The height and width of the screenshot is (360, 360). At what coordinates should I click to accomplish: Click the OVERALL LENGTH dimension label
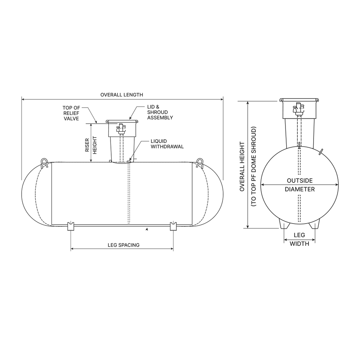click(122, 95)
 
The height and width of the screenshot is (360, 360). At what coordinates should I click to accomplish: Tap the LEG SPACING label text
click(123, 245)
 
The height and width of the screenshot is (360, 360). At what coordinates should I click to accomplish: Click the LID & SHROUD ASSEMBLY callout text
click(160, 113)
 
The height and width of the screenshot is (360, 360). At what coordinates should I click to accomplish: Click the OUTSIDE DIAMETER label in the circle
click(300, 185)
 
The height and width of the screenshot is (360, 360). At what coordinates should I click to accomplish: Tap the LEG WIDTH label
click(299, 239)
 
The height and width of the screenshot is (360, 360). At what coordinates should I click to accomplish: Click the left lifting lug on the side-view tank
click(44, 163)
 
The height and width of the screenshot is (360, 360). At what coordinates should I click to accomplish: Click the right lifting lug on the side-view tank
click(199, 163)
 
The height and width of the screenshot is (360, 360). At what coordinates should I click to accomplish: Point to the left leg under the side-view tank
click(71, 226)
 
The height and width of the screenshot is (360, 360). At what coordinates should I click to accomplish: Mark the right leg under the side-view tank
click(174, 226)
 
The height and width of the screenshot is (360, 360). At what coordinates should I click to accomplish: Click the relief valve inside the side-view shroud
click(120, 128)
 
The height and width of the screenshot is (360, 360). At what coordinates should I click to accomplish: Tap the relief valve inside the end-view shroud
click(298, 107)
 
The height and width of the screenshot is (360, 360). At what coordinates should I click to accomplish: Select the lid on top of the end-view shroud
click(300, 100)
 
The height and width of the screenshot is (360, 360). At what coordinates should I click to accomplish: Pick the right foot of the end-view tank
click(315, 224)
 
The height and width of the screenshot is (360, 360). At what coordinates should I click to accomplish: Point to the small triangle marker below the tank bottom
click(147, 229)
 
